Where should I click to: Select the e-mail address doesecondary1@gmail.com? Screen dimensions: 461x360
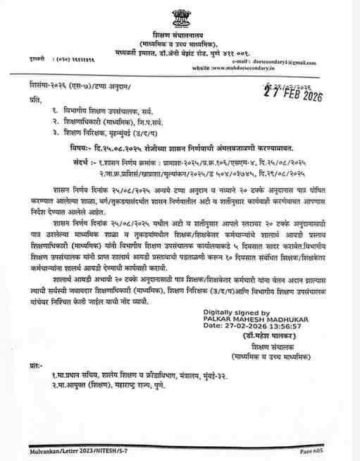289,61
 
